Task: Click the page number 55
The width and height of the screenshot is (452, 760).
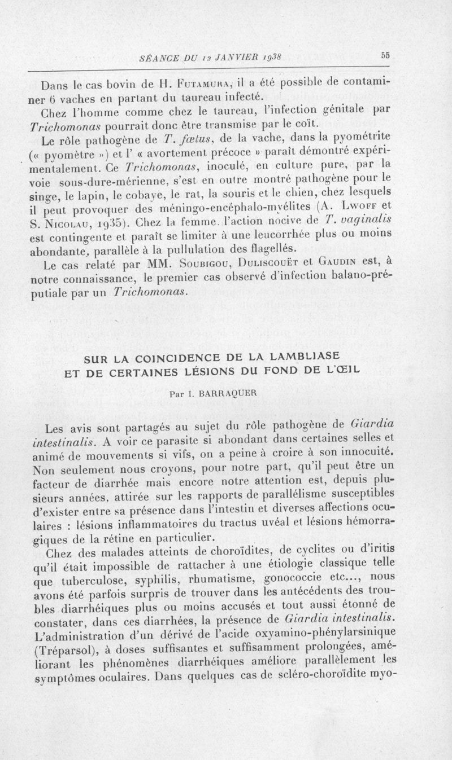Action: (x=386, y=55)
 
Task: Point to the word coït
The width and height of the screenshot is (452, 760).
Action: (x=307, y=124)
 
